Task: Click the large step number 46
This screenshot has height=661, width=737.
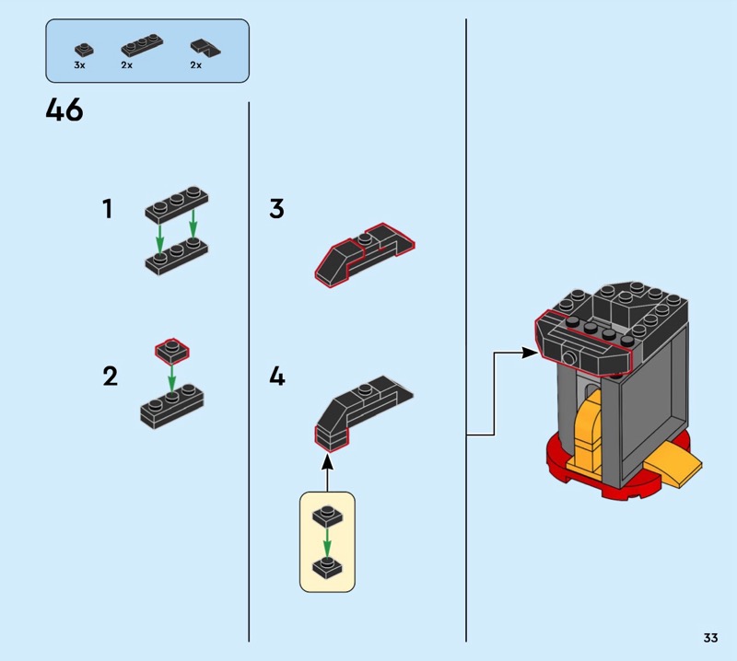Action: point(64,111)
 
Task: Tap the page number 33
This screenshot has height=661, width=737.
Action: point(709,637)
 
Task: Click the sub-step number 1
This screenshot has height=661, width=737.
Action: point(108,209)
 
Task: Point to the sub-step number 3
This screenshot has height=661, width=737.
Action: point(276,209)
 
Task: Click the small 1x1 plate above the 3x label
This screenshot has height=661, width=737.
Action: point(84,48)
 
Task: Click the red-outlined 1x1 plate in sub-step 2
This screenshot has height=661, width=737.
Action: point(170,350)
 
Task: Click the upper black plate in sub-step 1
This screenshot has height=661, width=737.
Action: point(177,203)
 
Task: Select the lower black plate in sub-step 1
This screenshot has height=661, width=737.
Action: point(177,253)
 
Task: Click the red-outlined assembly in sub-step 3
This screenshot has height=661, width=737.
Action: point(364,253)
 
